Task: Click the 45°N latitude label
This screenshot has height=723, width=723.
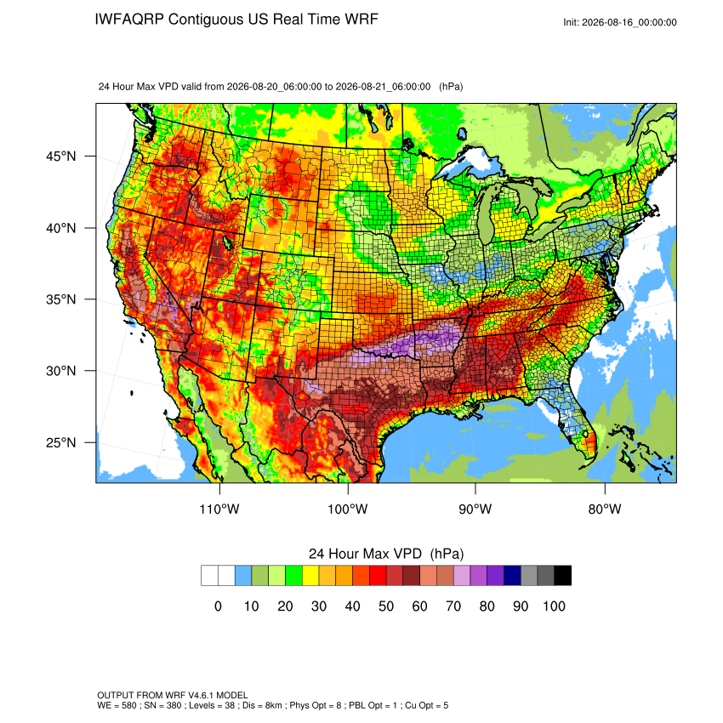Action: [x=60, y=157]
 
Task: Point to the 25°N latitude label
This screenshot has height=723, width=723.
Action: [x=60, y=442]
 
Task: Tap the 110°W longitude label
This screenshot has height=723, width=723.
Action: [x=219, y=509]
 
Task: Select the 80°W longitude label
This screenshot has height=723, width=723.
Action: [x=605, y=509]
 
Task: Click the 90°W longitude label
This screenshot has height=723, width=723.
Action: [x=475, y=509]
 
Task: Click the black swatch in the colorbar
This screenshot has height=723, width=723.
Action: [x=562, y=576]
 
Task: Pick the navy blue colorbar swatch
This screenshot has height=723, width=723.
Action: [x=512, y=576]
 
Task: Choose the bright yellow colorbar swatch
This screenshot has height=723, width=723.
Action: [x=310, y=576]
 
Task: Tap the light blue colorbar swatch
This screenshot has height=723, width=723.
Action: [x=243, y=576]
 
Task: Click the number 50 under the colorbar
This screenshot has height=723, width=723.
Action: [x=386, y=606]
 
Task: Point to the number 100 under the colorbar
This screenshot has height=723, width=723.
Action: [x=554, y=606]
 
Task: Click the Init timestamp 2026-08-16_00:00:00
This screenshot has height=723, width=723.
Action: [x=629, y=22]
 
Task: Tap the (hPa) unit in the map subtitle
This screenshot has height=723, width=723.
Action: [x=451, y=87]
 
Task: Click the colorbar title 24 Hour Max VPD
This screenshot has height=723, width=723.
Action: [x=365, y=554]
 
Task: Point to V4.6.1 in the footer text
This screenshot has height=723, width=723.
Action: [x=201, y=695]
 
